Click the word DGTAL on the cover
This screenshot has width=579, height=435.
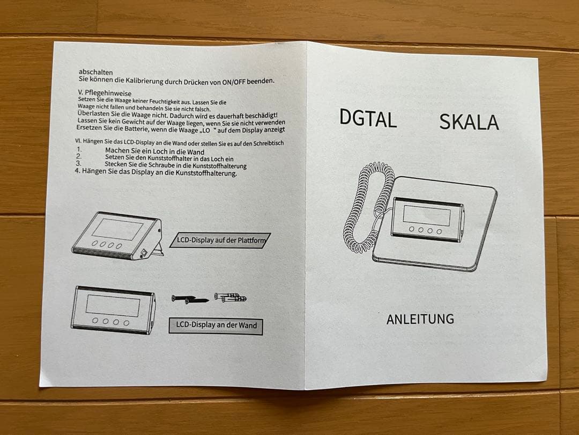point(368,118)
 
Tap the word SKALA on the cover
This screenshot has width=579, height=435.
point(469,122)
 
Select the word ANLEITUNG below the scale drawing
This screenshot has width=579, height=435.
point(420,319)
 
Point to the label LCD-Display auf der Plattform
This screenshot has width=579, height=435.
point(221,240)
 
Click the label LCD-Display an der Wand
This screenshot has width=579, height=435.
point(216,325)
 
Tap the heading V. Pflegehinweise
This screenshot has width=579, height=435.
point(105,93)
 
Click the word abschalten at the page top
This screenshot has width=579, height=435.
point(95,72)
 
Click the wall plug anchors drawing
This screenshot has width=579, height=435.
point(231,297)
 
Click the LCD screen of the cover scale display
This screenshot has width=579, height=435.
point(427,215)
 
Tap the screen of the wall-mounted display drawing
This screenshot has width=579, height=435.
point(113,305)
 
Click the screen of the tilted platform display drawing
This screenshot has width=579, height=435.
point(117,229)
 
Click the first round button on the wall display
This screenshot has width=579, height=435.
point(94,321)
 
